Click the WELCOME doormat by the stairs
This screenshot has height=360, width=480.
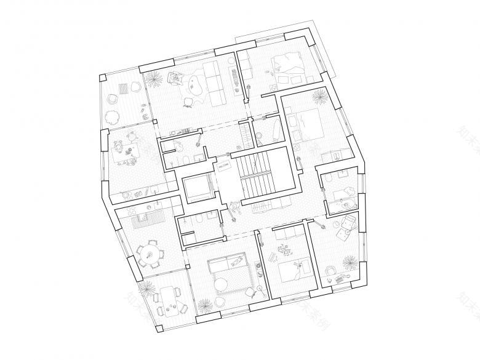(x=223, y=167)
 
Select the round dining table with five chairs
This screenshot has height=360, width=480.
(x=148, y=254)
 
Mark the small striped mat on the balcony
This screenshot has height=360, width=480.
(x=130, y=88)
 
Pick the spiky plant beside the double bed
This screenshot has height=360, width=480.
(x=319, y=97)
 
